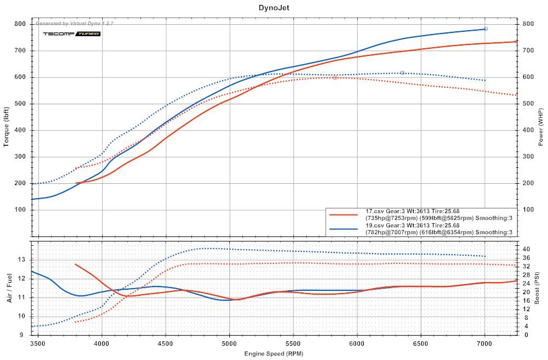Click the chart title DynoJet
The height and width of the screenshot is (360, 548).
click(274, 8)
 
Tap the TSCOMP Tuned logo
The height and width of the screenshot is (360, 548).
click(72, 34)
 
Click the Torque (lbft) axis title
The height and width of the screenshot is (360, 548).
click(7, 126)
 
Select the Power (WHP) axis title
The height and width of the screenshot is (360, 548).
click(540, 126)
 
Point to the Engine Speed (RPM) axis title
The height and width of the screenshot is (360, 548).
click(273, 354)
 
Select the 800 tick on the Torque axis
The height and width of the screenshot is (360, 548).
click(21, 24)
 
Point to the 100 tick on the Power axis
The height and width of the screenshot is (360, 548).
click(527, 210)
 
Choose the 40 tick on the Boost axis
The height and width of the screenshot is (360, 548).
click(526, 249)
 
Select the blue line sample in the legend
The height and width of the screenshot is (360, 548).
click(344, 228)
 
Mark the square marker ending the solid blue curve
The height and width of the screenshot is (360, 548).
click(485, 29)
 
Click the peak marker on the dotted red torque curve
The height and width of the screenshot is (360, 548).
click(335, 77)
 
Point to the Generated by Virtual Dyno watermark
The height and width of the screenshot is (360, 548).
click(74, 24)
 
